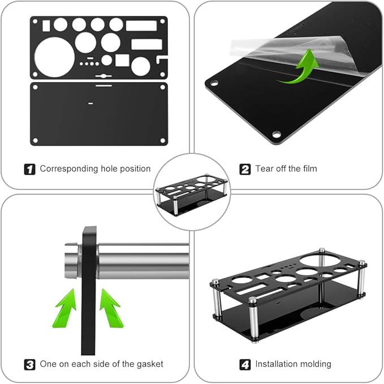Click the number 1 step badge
(x=30, y=169)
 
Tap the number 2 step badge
(x=245, y=169)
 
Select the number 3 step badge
(x=30, y=364)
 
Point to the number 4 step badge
(x=245, y=364)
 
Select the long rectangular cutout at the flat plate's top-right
(x=141, y=25)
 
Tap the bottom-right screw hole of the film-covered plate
(x=276, y=135)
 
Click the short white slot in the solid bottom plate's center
(x=90, y=103)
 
